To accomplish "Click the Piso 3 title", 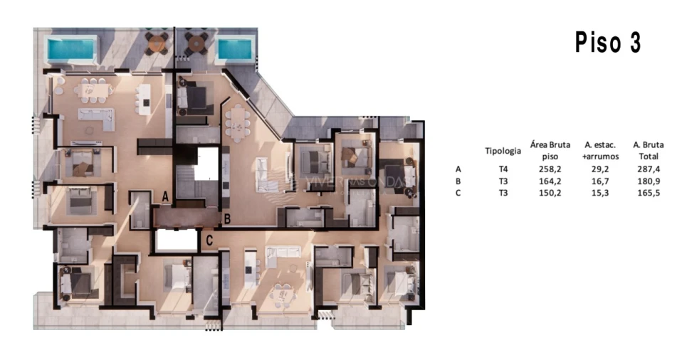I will point(608,44).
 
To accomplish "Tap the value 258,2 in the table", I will point(550,169).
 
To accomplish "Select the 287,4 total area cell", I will point(649,169).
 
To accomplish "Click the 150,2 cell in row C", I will point(550,193).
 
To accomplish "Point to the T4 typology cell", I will point(503,169).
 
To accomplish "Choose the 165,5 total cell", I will point(649,193).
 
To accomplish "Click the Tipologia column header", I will point(503,151).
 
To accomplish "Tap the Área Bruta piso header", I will point(550,150).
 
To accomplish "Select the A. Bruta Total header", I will point(649,150).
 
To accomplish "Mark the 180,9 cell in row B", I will point(649,181).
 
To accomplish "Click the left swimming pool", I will point(71,50).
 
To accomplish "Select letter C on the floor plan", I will point(209,240).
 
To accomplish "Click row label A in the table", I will point(458,169).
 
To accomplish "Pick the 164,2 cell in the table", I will point(550,181).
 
